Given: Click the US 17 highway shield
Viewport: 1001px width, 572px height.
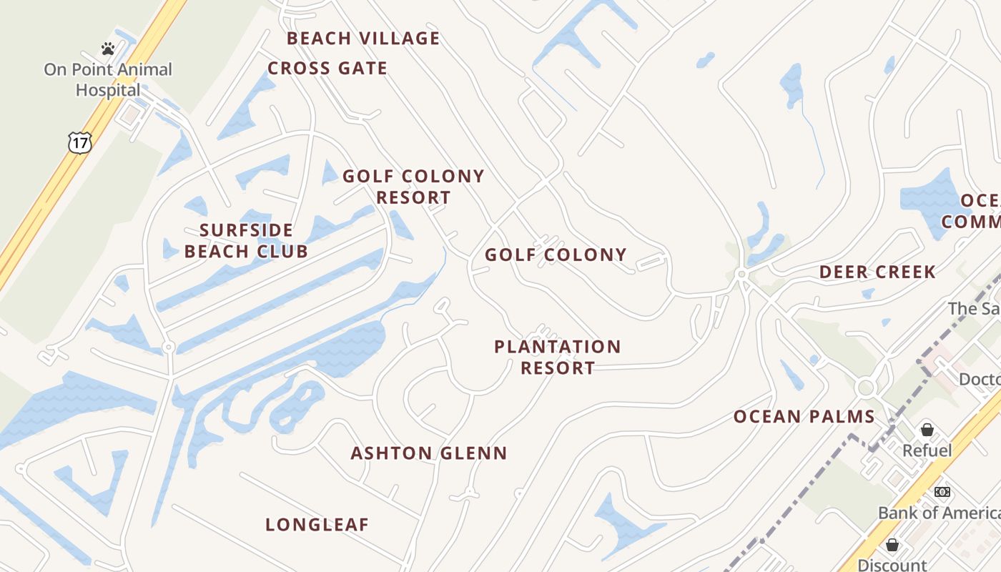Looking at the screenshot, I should pos(80,143).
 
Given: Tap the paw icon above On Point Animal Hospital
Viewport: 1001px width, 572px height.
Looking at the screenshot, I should pos(108,49).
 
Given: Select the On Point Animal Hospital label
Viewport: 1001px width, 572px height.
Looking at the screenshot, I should pos(108,80).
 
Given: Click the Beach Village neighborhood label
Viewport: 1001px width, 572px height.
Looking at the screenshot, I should pos(363,39).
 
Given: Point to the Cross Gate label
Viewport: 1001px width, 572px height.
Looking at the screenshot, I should pos(327,69).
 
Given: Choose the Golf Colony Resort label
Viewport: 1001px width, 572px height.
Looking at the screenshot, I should pos(413,187).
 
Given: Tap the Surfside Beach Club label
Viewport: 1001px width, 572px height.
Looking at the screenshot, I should pos(246,241).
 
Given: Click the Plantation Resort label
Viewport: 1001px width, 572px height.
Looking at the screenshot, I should pos(558,357).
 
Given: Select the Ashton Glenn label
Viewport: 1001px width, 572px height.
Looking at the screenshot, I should pos(429,453).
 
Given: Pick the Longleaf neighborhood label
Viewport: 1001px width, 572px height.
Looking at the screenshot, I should pos(317,525).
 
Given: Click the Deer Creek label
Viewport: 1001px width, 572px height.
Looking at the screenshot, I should pos(877,272).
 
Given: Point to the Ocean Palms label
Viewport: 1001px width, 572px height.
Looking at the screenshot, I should pos(804,417).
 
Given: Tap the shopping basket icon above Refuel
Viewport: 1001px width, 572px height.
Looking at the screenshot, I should pos(927,430).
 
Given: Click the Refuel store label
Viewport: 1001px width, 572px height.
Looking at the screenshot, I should pos(927,450).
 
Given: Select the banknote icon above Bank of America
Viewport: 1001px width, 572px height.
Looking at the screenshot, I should pos(942,492).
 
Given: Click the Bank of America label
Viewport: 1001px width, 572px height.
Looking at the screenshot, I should pos(939,513).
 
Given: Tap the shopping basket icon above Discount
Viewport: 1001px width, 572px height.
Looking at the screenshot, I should pos(892,546).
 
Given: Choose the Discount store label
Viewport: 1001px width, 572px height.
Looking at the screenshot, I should pos(892,565).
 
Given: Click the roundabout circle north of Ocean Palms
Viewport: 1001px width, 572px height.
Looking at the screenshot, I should pos(867,388).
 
